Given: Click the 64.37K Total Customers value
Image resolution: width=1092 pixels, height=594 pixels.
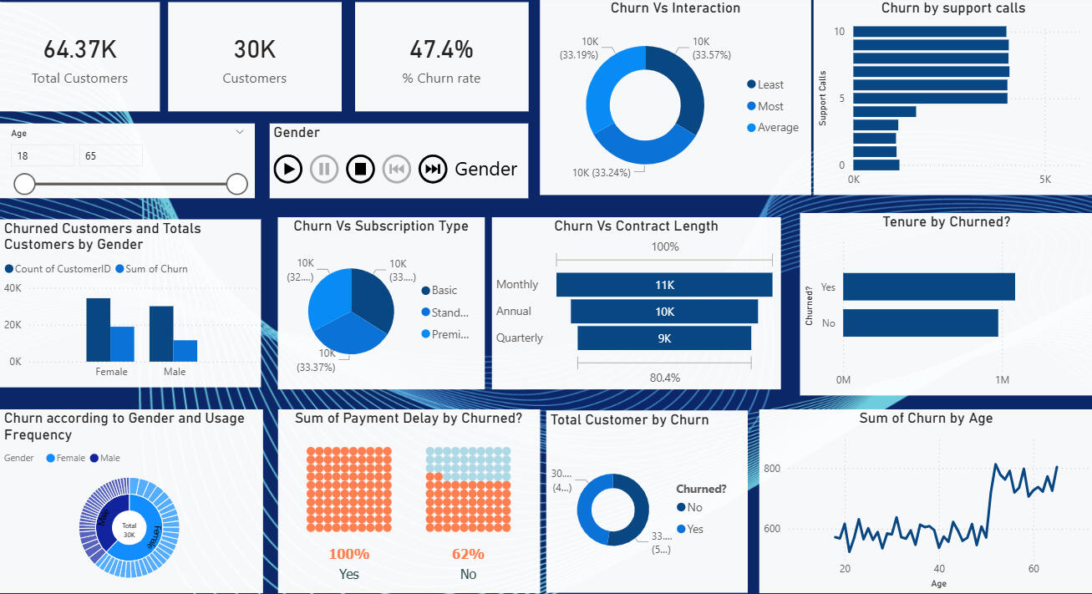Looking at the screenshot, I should point(80,49).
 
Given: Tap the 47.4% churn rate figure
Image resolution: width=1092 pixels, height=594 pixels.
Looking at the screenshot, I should point(441,49).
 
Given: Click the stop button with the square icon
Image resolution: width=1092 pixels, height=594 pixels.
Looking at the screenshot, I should point(360,169).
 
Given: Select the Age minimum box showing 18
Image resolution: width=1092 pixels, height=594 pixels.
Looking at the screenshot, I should point(42,156).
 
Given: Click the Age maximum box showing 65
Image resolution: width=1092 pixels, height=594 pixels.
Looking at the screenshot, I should point(110,156).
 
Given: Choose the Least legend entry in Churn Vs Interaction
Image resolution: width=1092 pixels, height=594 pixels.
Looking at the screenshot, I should point(769,84).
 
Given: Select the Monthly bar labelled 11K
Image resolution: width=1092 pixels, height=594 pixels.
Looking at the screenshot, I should point(664,285).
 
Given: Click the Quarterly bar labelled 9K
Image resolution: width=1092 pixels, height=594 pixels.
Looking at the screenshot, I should point(664,338).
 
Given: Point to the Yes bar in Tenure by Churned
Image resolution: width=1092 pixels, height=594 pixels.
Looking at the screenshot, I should point(928,287).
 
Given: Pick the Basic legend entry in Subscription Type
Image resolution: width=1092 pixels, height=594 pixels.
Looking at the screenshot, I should point(444,290).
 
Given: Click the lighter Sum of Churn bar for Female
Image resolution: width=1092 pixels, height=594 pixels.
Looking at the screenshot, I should point(122,343).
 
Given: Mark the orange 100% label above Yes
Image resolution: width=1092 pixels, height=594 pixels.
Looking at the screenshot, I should point(348,554).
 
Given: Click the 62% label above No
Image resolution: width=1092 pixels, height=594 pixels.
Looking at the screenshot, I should point(468,554).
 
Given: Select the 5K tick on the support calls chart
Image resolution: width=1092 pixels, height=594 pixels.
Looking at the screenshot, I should point(1044,180).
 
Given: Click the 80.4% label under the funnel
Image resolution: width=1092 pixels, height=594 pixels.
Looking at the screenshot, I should point(664,378).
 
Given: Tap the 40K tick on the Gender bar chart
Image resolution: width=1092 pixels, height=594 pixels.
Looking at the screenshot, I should point(13,287).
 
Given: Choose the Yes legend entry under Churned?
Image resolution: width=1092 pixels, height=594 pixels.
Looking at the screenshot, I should point(694,529).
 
